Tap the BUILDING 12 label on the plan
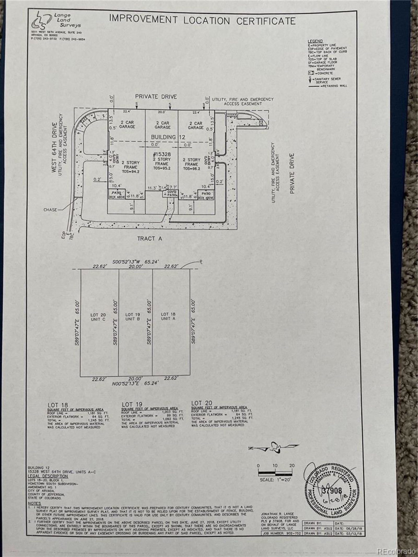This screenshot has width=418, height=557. coord(168,137)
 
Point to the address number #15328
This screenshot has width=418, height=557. coord(162,155)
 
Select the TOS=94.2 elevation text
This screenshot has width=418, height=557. coord(130,172)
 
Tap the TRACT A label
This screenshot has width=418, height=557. coord(150,238)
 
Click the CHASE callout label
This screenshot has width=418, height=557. coord(50,209)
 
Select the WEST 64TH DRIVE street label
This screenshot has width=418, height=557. coord(54,147)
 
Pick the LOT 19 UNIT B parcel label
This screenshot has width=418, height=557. coord(133,317)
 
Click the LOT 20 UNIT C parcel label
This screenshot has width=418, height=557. coord(98,317)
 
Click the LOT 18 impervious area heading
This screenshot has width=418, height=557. coord(58,405)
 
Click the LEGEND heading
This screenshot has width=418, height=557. coord(315,41)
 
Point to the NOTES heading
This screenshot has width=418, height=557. coord(34,503)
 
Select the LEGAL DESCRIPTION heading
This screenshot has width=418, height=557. coord(48,476)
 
